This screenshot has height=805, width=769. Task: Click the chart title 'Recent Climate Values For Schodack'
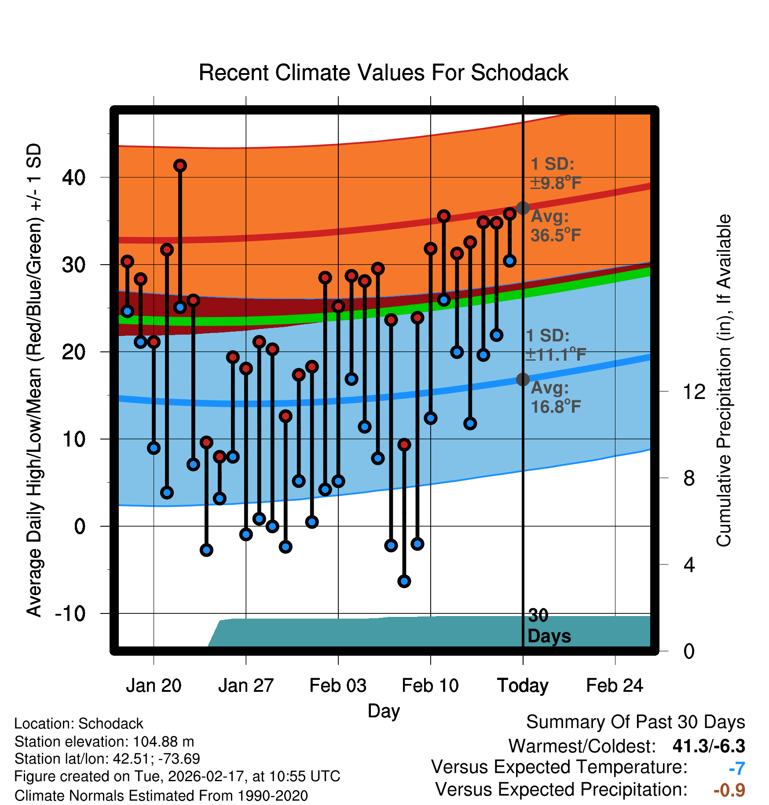coord(383,73)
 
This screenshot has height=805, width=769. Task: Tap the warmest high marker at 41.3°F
coord(180,166)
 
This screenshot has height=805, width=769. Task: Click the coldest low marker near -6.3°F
coord(404,581)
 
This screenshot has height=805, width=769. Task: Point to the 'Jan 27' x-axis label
coord(246,686)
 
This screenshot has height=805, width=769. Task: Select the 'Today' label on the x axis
coord(523,686)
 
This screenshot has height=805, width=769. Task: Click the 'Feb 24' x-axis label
coord(615,686)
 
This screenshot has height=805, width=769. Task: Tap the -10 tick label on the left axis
coord(70,613)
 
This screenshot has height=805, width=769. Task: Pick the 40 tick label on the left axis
coord(73,177)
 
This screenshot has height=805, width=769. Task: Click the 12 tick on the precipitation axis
coord(694,391)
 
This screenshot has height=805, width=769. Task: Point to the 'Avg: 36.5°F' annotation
coord(555,226)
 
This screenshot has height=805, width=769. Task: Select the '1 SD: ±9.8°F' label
coord(555,174)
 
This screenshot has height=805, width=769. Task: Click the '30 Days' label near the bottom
coord(549,626)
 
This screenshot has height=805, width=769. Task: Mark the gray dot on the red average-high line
coord(523,208)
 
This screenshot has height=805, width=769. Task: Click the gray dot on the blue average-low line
coord(523,379)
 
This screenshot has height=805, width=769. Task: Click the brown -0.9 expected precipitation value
coord(729,790)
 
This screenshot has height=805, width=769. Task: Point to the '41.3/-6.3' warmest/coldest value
coord(709,746)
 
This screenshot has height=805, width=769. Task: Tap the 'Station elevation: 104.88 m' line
coord(104,742)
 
